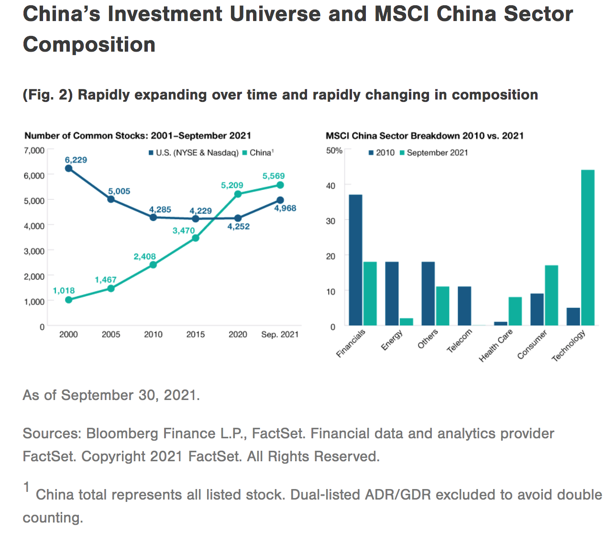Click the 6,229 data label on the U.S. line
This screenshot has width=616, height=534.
tap(76, 160)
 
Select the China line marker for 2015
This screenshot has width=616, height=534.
tap(196, 238)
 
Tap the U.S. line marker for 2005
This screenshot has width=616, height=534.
tap(111, 199)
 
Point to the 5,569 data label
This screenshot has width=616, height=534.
tap(274, 176)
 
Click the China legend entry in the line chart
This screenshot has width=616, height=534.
tap(258, 153)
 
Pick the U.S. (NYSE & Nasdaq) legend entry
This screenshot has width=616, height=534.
tap(194, 153)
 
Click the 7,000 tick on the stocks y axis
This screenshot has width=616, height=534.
tap(34, 150)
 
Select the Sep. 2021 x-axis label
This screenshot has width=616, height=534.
tap(280, 334)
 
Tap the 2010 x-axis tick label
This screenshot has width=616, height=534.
tap(153, 334)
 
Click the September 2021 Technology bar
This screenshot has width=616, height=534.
tap(588, 248)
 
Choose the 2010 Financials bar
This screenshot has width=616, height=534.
tap(356, 260)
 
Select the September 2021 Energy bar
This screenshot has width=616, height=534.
tap(407, 322)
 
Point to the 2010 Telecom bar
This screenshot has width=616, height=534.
tap(464, 306)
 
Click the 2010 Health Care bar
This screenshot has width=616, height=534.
tap(501, 324)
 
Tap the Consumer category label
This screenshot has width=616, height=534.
tap(532, 345)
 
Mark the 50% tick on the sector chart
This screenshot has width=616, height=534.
tap(334, 151)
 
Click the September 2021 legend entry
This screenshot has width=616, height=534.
tap(434, 153)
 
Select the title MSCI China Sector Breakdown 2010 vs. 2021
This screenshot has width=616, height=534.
tap(425, 136)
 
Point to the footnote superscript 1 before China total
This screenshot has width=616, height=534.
tap(26, 488)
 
